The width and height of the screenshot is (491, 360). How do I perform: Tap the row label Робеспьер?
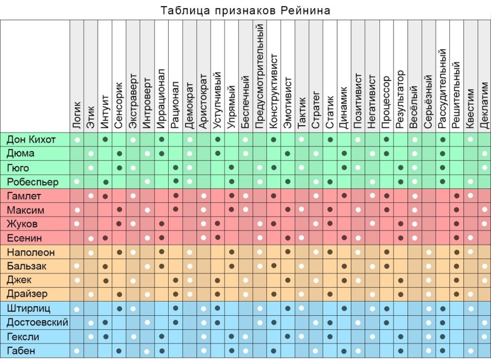click(x=33, y=182)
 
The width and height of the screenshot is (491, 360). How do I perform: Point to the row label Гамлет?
click(x=24, y=196)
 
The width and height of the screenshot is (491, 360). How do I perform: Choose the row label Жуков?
click(x=23, y=224)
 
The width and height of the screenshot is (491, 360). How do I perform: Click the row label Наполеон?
click(x=31, y=252)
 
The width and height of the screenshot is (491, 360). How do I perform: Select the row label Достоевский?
click(x=37, y=323)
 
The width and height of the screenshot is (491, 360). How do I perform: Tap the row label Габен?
click(x=21, y=351)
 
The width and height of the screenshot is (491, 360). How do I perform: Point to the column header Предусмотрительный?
click(x=260, y=77)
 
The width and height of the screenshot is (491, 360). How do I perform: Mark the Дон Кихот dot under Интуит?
click(x=106, y=140)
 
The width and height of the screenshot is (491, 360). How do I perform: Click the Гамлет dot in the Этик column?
click(x=91, y=196)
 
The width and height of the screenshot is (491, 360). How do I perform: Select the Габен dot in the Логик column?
click(x=77, y=351)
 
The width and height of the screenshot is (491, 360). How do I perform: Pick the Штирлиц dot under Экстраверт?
click(x=134, y=308)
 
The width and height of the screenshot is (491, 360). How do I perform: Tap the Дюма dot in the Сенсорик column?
click(x=120, y=153)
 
